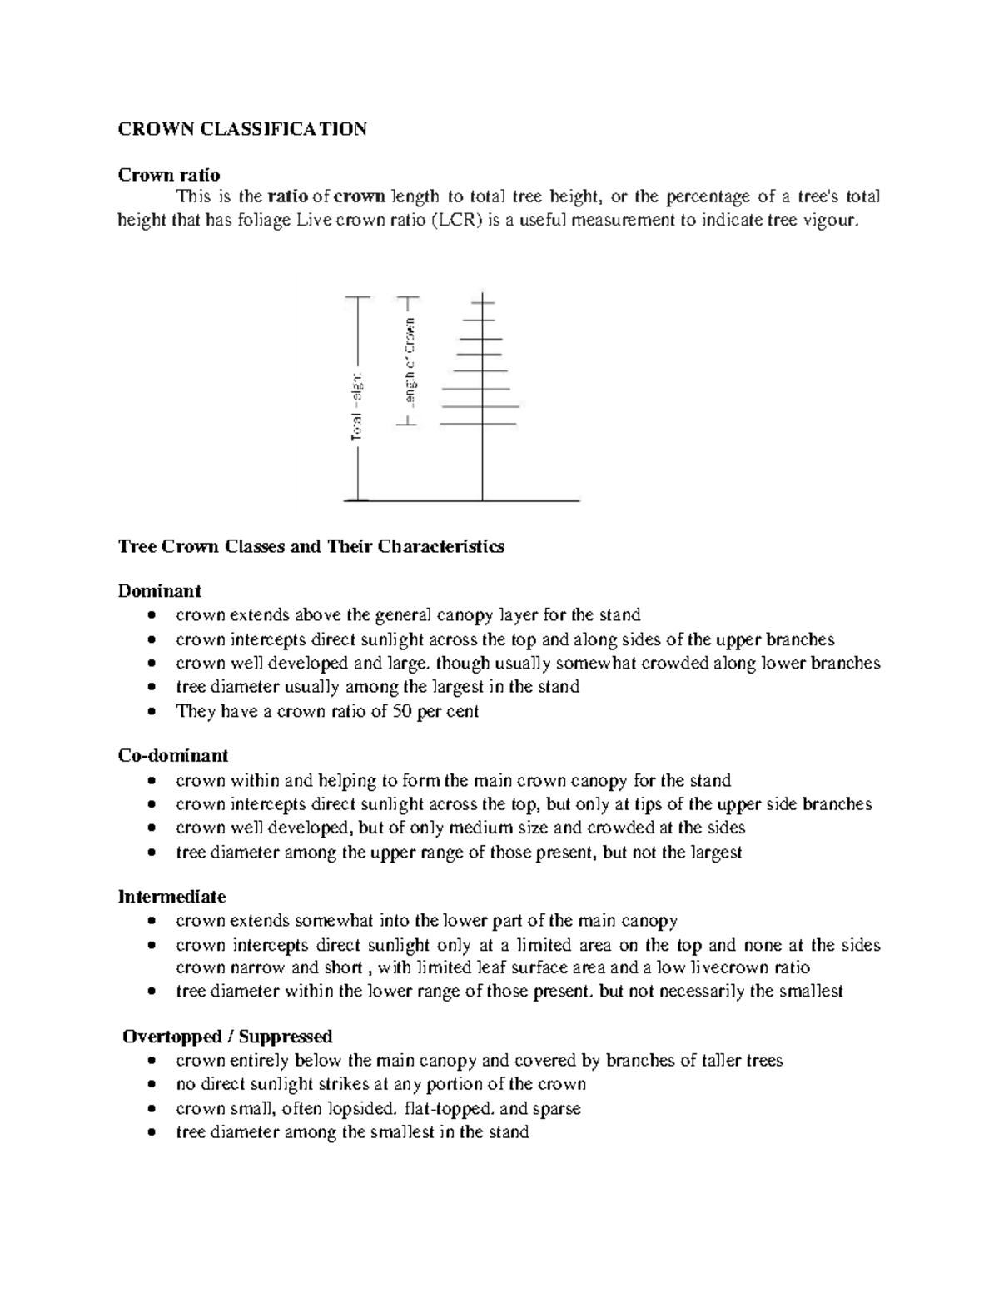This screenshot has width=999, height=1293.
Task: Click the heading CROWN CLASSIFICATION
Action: [x=241, y=129]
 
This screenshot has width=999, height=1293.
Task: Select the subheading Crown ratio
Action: [x=169, y=175]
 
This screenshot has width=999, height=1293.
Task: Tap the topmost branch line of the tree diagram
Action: [x=482, y=302]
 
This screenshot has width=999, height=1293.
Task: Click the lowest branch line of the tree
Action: [x=480, y=425]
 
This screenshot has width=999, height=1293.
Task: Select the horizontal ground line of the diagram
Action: [x=462, y=500]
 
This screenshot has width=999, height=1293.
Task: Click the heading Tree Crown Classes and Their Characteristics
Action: [x=311, y=547]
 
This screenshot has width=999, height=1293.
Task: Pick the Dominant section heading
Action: [x=160, y=591]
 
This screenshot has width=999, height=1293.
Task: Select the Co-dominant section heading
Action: [x=173, y=756]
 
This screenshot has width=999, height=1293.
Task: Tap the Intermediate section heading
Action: [x=172, y=897]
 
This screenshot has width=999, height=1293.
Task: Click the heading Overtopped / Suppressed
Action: [x=227, y=1037]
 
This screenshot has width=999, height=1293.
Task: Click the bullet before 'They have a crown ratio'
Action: [x=150, y=713]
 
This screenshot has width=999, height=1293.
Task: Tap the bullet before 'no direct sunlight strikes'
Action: [x=150, y=1085]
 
